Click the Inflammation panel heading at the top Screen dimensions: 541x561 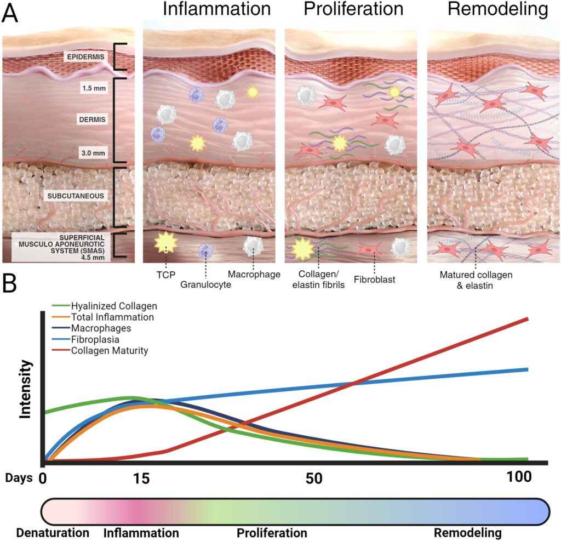[209, 9]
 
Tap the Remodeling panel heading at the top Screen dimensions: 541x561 [497, 9]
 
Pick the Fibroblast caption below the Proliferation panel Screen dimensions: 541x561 [375, 280]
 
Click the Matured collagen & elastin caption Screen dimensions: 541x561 [475, 280]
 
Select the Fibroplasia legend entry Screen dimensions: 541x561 [92, 339]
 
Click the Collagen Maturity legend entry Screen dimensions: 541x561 [110, 350]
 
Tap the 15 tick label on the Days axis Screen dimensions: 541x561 [141, 477]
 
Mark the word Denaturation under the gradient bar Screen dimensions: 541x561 [53, 533]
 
